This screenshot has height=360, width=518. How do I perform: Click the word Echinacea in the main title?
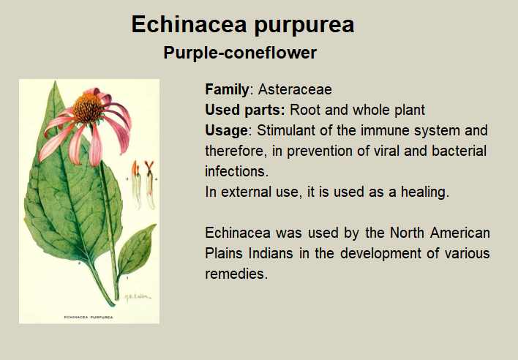tap(189, 24)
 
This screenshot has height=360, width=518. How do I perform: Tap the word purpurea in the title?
tap(304, 26)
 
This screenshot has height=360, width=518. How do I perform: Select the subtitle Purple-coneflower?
tap(240, 53)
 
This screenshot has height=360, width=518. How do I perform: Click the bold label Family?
tap(227, 90)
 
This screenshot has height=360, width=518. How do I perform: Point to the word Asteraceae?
tap(295, 89)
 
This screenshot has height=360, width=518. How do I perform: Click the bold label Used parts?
tap(245, 110)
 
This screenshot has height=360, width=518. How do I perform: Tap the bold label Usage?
tap(226, 131)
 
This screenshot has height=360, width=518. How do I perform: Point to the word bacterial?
tap(459, 151)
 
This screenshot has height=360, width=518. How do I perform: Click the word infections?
tap(236, 171)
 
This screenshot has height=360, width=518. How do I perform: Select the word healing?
tap(425, 192)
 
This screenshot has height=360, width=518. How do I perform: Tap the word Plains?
tap(224, 253)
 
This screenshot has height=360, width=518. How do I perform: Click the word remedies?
tap(236, 274)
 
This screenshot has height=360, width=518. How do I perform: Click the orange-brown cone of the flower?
tap(88, 107)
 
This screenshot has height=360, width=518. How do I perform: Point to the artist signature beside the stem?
tap(138, 296)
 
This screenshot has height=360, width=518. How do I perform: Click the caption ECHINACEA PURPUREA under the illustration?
tap(89, 317)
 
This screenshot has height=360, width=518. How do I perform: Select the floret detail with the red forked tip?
tap(150, 185)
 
